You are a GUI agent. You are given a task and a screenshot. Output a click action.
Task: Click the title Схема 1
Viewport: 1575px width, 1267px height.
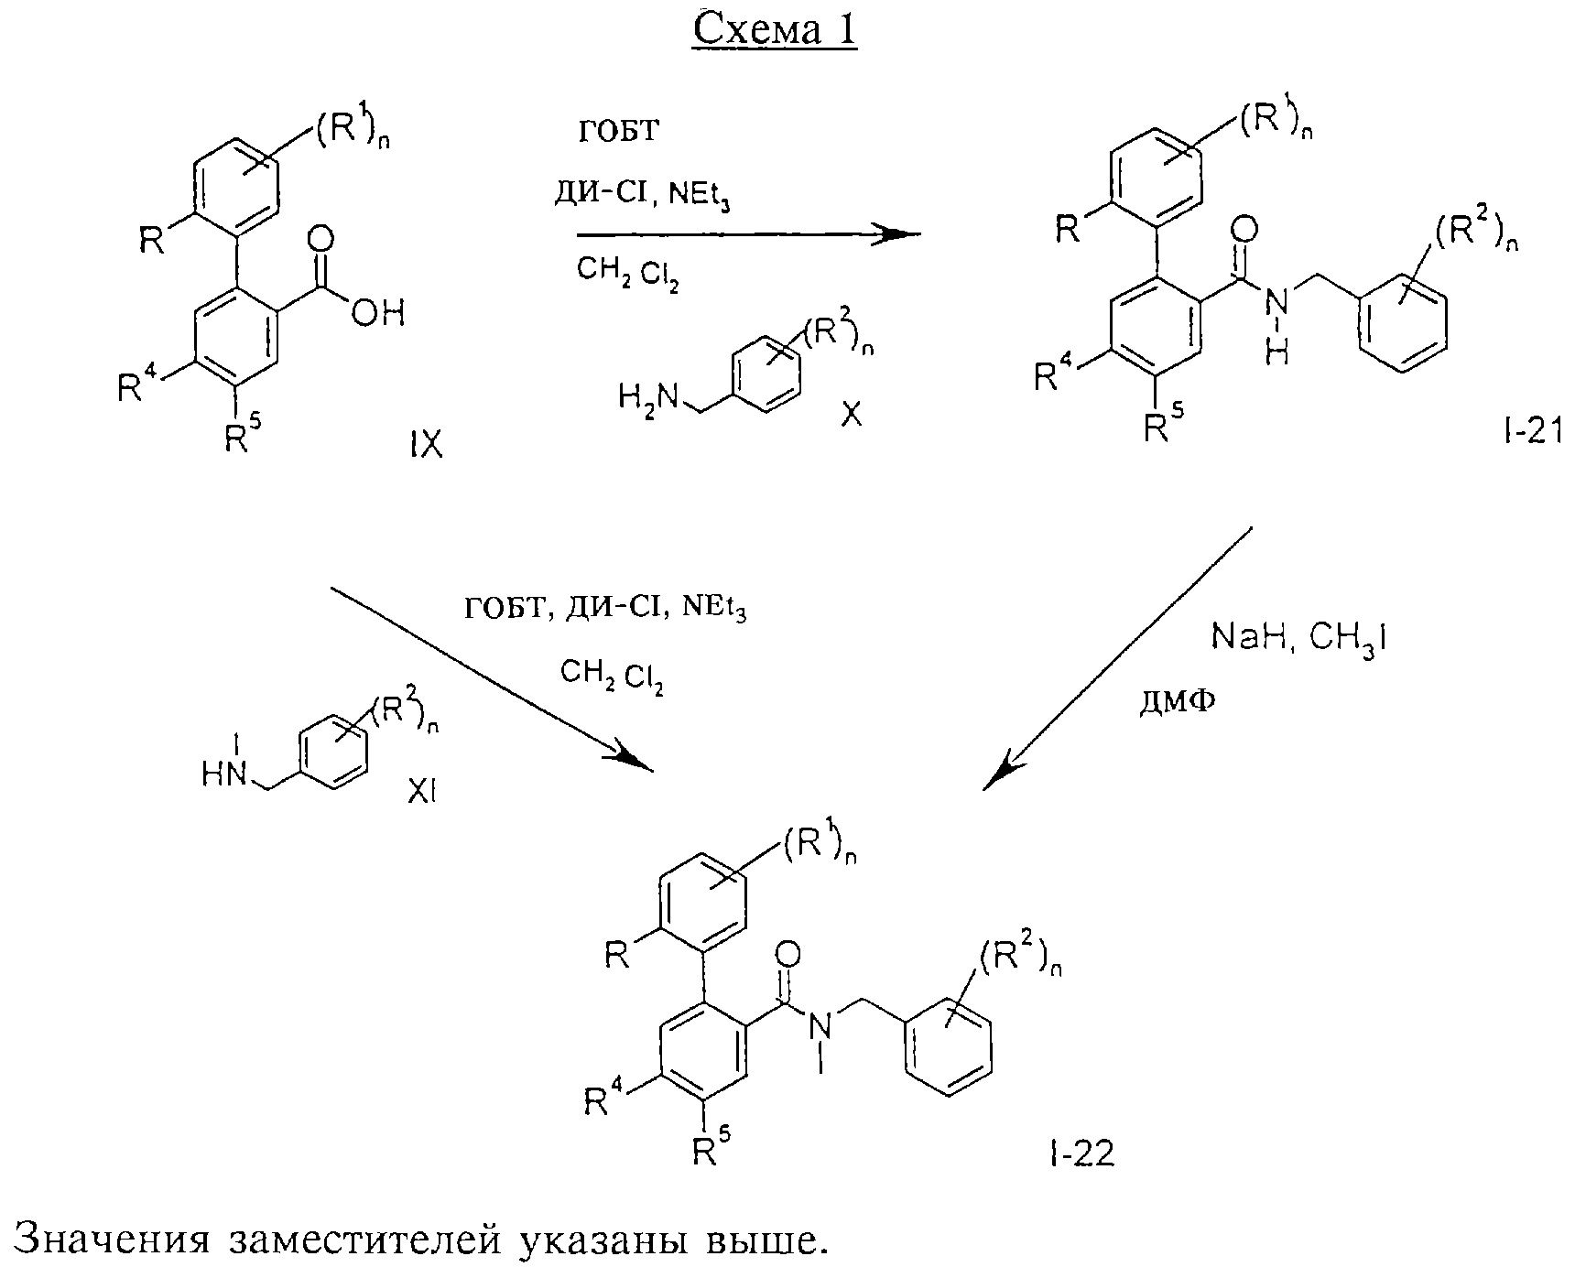(775, 30)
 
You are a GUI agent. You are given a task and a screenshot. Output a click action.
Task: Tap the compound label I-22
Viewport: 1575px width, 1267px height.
(1081, 1154)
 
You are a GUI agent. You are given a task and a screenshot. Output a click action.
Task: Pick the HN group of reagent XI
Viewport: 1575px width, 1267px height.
(224, 775)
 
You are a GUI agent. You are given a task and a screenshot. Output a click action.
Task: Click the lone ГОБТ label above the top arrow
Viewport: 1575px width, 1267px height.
(618, 131)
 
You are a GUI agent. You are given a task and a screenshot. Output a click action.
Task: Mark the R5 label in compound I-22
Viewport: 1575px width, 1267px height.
(711, 1147)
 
